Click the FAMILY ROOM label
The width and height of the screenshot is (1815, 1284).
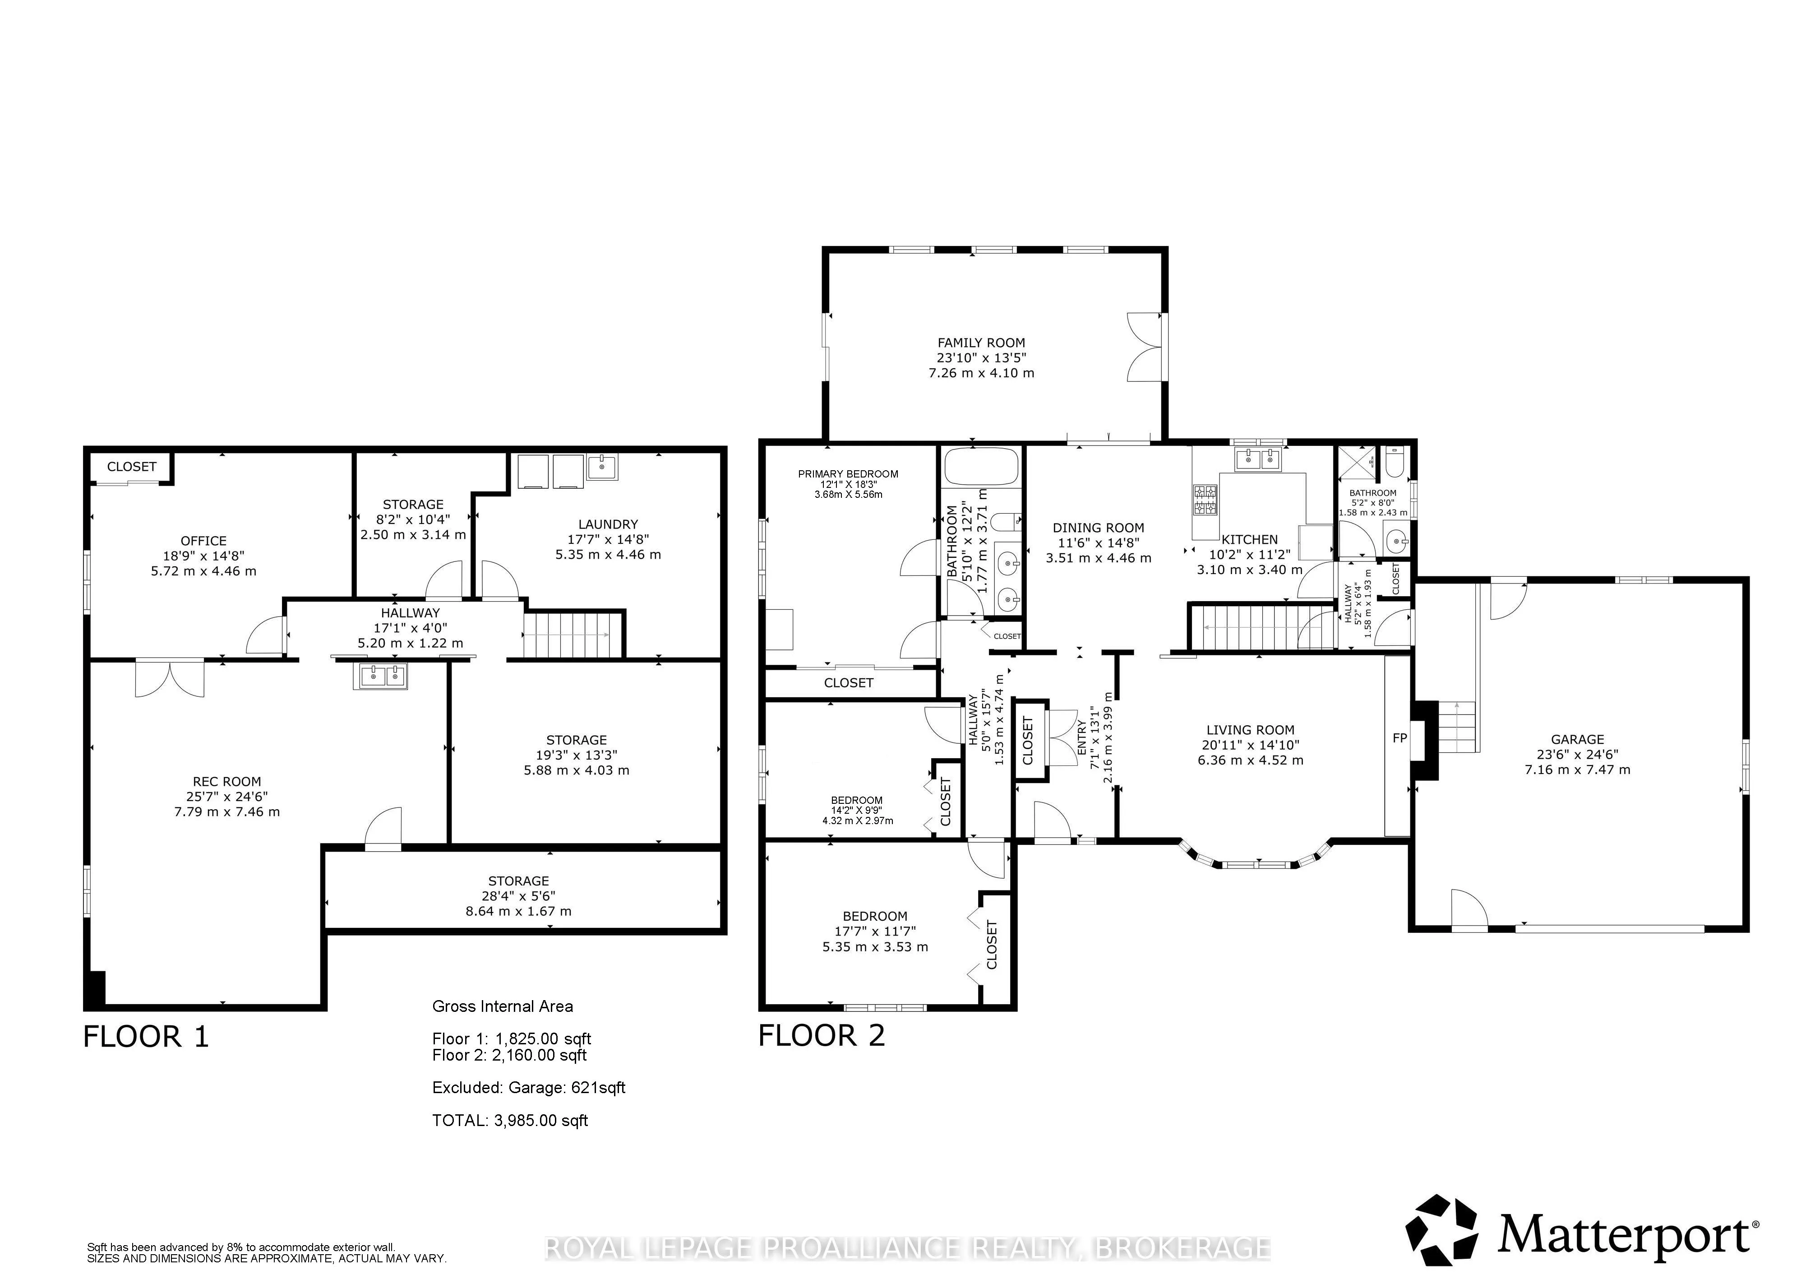981,343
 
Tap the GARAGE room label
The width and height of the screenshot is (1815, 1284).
1577,739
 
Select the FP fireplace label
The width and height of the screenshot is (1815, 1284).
1399,737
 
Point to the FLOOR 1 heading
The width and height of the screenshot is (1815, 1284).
146,1037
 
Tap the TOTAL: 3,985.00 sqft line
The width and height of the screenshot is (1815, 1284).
510,1120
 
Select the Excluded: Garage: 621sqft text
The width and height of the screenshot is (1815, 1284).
529,1088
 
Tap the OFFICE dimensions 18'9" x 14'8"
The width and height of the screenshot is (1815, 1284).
204,556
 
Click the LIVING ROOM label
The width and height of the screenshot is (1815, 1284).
1251,730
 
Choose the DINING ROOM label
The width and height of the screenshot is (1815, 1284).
1098,527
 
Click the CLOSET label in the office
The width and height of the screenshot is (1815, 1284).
132,467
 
